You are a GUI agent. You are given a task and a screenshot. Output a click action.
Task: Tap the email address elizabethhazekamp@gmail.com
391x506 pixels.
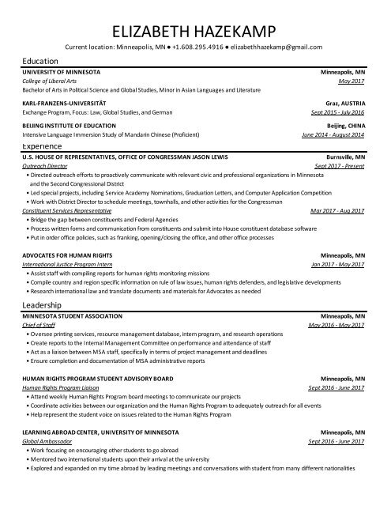[x=268, y=47]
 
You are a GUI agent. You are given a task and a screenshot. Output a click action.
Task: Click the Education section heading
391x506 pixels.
[x=39, y=61]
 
